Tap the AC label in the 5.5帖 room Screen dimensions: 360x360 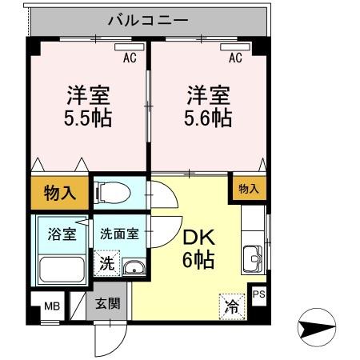129,58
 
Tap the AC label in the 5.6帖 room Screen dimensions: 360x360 235,58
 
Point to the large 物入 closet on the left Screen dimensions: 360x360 60,192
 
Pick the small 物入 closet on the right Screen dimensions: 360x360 249,188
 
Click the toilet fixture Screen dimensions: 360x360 108,193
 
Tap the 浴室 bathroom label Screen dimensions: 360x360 60,235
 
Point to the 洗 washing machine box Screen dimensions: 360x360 106,262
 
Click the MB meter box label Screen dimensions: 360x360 50,306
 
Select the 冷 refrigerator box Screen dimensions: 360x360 230,305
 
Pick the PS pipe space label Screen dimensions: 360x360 258,294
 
